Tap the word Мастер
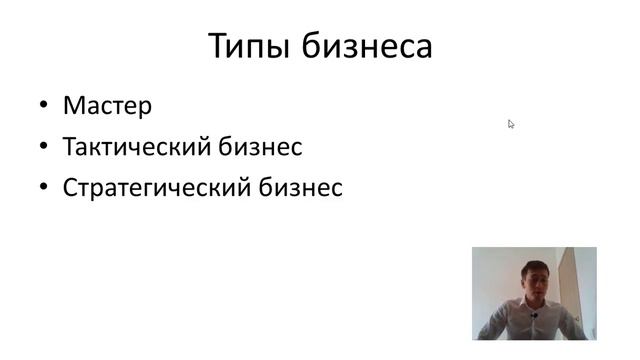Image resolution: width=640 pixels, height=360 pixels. tap(106, 105)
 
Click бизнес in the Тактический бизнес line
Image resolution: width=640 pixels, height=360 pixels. tap(262, 146)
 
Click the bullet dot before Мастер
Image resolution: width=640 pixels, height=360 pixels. tap(44, 106)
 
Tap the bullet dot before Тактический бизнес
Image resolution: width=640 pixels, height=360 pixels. tap(44, 147)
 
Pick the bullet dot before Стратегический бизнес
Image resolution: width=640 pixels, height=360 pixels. tap(44, 188)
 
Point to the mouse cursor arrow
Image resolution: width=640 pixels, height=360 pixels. tap(511, 124)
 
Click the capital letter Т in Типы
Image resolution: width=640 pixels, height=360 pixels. tap(218, 46)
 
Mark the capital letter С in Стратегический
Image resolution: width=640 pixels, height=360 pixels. tap(69, 187)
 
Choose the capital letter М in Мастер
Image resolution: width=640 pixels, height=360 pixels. tap(72, 105)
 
